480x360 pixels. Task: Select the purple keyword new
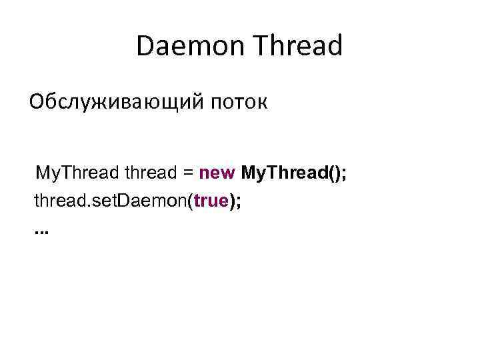point(217,175)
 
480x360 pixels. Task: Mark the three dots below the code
point(41,233)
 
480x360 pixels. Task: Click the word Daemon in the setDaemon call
point(157,202)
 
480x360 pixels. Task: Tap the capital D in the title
point(144,47)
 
